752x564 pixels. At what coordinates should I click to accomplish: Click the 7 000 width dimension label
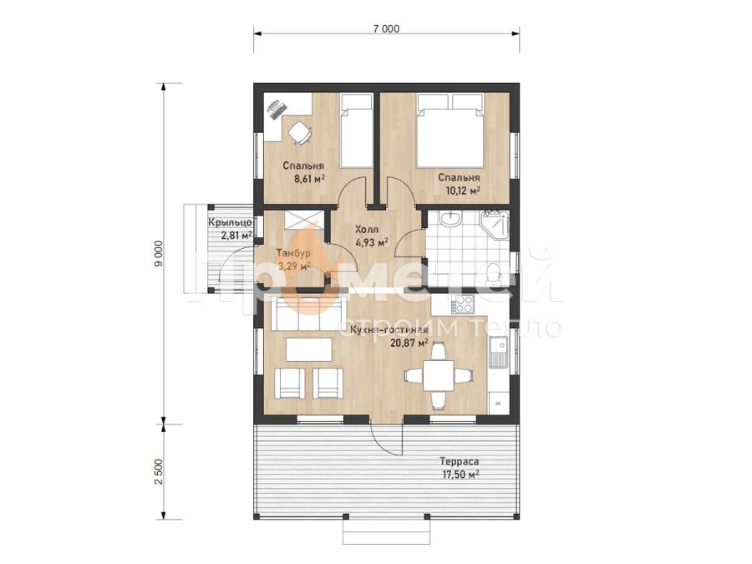click(x=386, y=28)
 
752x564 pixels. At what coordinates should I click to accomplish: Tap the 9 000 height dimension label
click(x=160, y=253)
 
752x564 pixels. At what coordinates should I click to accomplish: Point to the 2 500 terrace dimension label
click(x=160, y=472)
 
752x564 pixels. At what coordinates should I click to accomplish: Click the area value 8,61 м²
click(x=310, y=180)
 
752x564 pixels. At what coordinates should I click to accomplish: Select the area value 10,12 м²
click(x=463, y=191)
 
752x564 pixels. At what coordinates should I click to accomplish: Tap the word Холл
click(x=367, y=229)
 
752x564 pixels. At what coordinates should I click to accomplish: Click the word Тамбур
click(x=293, y=252)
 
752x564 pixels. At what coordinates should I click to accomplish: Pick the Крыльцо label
click(x=230, y=222)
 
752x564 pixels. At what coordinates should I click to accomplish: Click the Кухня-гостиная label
click(x=389, y=330)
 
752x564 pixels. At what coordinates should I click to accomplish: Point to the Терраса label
click(x=460, y=462)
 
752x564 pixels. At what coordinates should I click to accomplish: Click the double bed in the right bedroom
click(x=450, y=130)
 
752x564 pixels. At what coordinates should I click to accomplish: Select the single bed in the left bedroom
click(x=357, y=130)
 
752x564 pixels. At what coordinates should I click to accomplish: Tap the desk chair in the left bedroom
click(x=300, y=133)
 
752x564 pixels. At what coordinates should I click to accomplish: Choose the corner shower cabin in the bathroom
click(x=495, y=225)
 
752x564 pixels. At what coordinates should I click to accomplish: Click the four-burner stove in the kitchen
click(x=463, y=303)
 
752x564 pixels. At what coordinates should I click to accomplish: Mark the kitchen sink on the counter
click(x=499, y=353)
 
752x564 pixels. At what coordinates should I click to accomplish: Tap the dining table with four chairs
click(x=437, y=375)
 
